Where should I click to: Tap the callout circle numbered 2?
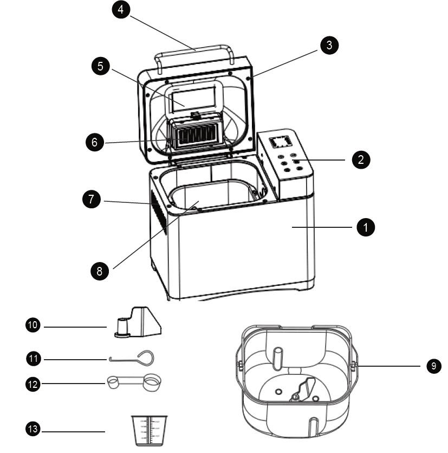click(361, 160)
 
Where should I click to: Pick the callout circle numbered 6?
click(95, 143)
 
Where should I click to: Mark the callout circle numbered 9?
click(433, 366)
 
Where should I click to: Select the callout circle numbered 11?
click(34, 358)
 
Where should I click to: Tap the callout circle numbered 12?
click(34, 384)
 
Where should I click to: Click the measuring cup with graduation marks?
click(150, 431)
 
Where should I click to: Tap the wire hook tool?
click(133, 358)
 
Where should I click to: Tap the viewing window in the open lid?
click(195, 99)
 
